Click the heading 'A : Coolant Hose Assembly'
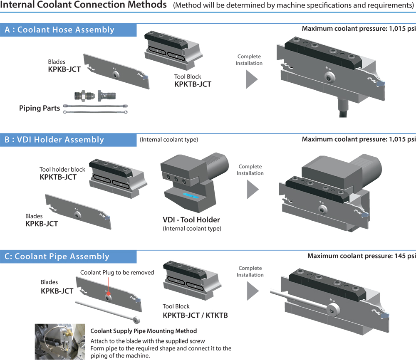(59, 30)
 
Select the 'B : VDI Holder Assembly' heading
(54, 140)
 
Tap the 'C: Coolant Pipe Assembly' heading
(57, 256)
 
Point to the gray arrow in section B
(253, 189)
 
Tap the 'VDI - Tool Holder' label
(191, 220)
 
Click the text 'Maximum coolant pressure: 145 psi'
(362, 256)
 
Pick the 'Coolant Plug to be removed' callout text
(117, 273)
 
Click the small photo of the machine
(60, 342)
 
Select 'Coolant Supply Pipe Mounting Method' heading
(144, 331)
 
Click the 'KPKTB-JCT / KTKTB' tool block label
(195, 315)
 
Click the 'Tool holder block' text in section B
(62, 170)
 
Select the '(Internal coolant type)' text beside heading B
(169, 140)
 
